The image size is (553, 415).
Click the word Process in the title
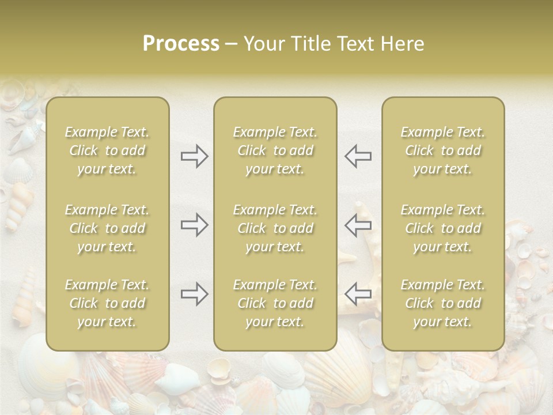[181, 44]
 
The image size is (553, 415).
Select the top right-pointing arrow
[195, 156]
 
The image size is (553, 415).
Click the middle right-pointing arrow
[195, 225]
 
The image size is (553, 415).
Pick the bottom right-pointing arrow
[195, 294]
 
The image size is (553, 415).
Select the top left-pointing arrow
[358, 156]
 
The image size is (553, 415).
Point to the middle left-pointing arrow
[358, 225]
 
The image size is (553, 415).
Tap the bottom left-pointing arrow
[358, 294]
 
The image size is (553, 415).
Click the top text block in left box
[107, 150]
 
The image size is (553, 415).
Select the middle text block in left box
[107, 228]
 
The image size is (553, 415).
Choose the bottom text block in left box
[107, 303]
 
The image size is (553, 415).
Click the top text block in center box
[275, 150]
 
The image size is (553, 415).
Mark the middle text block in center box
[275, 228]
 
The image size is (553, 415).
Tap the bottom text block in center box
[275, 303]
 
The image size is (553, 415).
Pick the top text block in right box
[443, 150]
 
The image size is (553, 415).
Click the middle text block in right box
[443, 228]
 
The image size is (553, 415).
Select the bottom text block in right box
[443, 303]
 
